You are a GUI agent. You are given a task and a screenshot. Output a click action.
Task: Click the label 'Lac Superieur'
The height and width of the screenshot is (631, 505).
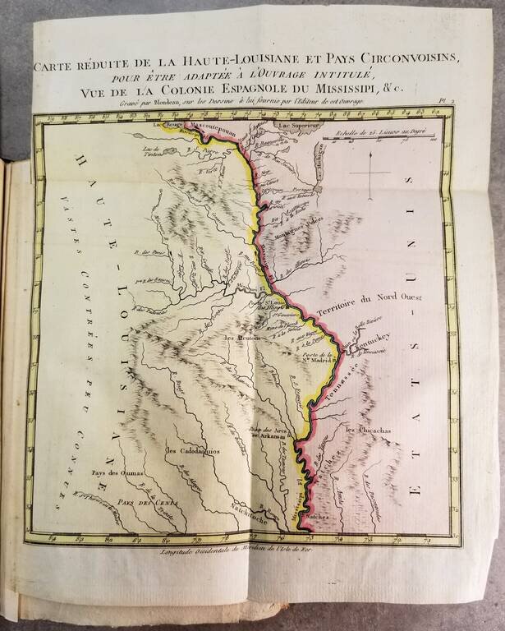point(297,127)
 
